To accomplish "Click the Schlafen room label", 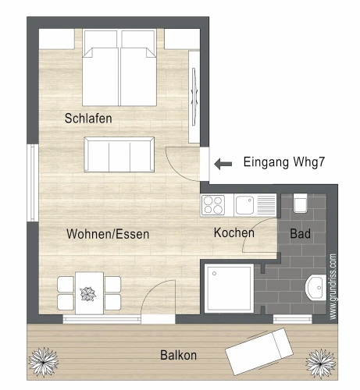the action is point(88,119).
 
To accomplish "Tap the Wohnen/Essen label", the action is point(108,234).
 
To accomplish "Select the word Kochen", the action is point(234,232).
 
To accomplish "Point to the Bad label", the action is point(300,233).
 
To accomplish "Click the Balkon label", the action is point(178,355).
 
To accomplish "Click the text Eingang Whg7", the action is point(284,162).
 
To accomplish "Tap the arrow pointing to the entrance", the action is point(223,164).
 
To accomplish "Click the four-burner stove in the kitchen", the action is point(213,205).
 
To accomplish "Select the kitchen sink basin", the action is point(244,205).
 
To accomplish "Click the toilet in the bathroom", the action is point(300,203).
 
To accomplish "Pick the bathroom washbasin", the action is point(315,287).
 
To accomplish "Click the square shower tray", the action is point(229,289).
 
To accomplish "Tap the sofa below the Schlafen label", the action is point(119,154).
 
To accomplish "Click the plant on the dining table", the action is point(88,294).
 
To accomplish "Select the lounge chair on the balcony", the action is point(259,352).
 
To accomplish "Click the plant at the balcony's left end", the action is point(43,362).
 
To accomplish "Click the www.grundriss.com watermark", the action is point(333,286).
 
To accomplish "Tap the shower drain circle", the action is point(215,274).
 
